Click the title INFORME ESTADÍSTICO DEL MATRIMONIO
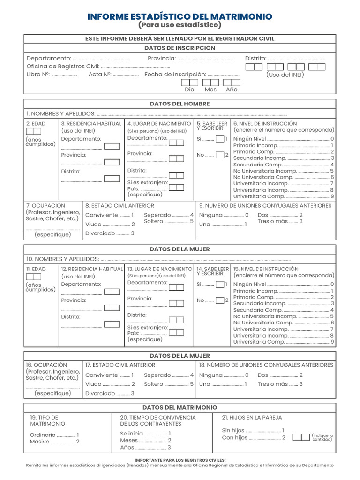tap(180, 16)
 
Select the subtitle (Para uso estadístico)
tap(180, 25)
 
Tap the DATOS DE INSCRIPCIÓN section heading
tap(180, 48)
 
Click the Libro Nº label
tap(38, 75)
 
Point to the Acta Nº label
tap(99, 75)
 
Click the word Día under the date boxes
tap(189, 90)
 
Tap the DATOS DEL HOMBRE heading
tap(180, 104)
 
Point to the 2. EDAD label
tap(36, 123)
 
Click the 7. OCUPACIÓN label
tap(45, 205)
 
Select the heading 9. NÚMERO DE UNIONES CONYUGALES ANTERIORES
tap(265, 205)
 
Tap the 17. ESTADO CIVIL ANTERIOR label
tap(120, 365)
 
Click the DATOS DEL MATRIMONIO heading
tap(180, 408)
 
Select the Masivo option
tap(40, 442)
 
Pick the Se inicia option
tap(131, 434)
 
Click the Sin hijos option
tap(233, 430)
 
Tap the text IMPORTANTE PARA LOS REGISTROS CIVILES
tap(180, 460)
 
